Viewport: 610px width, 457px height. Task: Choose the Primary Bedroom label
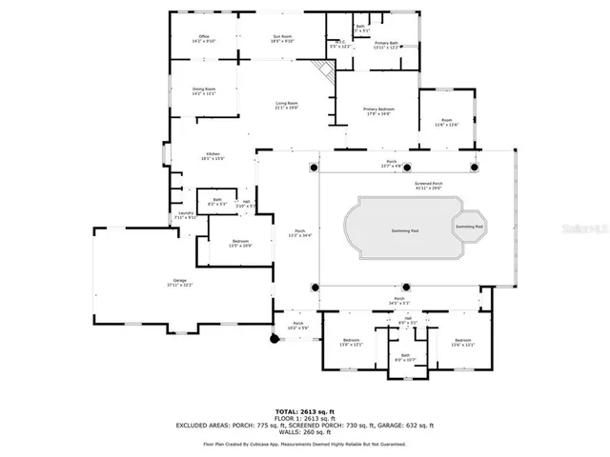coord(378,111)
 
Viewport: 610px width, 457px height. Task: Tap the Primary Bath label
coord(386,45)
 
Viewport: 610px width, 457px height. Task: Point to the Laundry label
coord(185,216)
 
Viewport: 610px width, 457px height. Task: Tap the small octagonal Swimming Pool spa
coord(468,227)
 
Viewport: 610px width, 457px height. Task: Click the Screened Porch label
coord(428,186)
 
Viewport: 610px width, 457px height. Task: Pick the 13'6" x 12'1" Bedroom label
coord(462,342)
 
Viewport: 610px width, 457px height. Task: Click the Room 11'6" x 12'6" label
coord(447,122)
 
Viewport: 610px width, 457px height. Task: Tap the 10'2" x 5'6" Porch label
coord(297,326)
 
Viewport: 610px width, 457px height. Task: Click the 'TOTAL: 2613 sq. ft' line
coord(304,410)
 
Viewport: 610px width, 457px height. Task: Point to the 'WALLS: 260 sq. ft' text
coord(305,432)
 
